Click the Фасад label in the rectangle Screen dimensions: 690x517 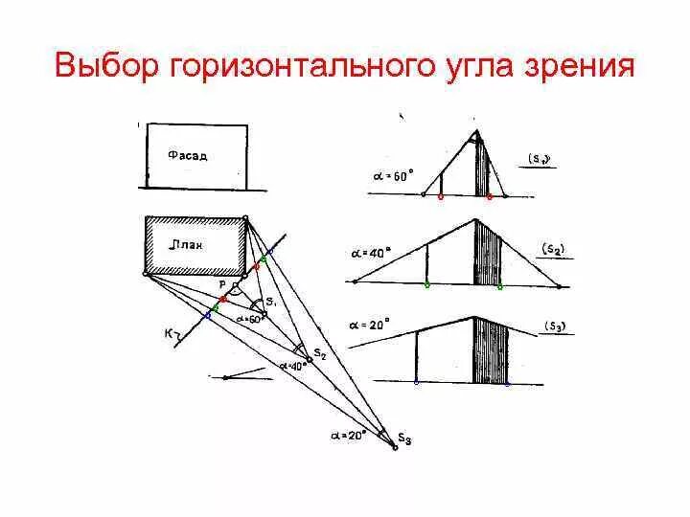(186, 154)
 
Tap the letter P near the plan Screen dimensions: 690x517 (221, 284)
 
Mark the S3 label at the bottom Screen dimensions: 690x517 (404, 440)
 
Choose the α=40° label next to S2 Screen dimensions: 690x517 (292, 365)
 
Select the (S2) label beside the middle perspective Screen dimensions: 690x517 (553, 249)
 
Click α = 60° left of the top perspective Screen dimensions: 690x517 (393, 176)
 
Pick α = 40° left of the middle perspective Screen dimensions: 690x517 (369, 254)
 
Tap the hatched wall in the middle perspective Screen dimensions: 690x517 (488, 254)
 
